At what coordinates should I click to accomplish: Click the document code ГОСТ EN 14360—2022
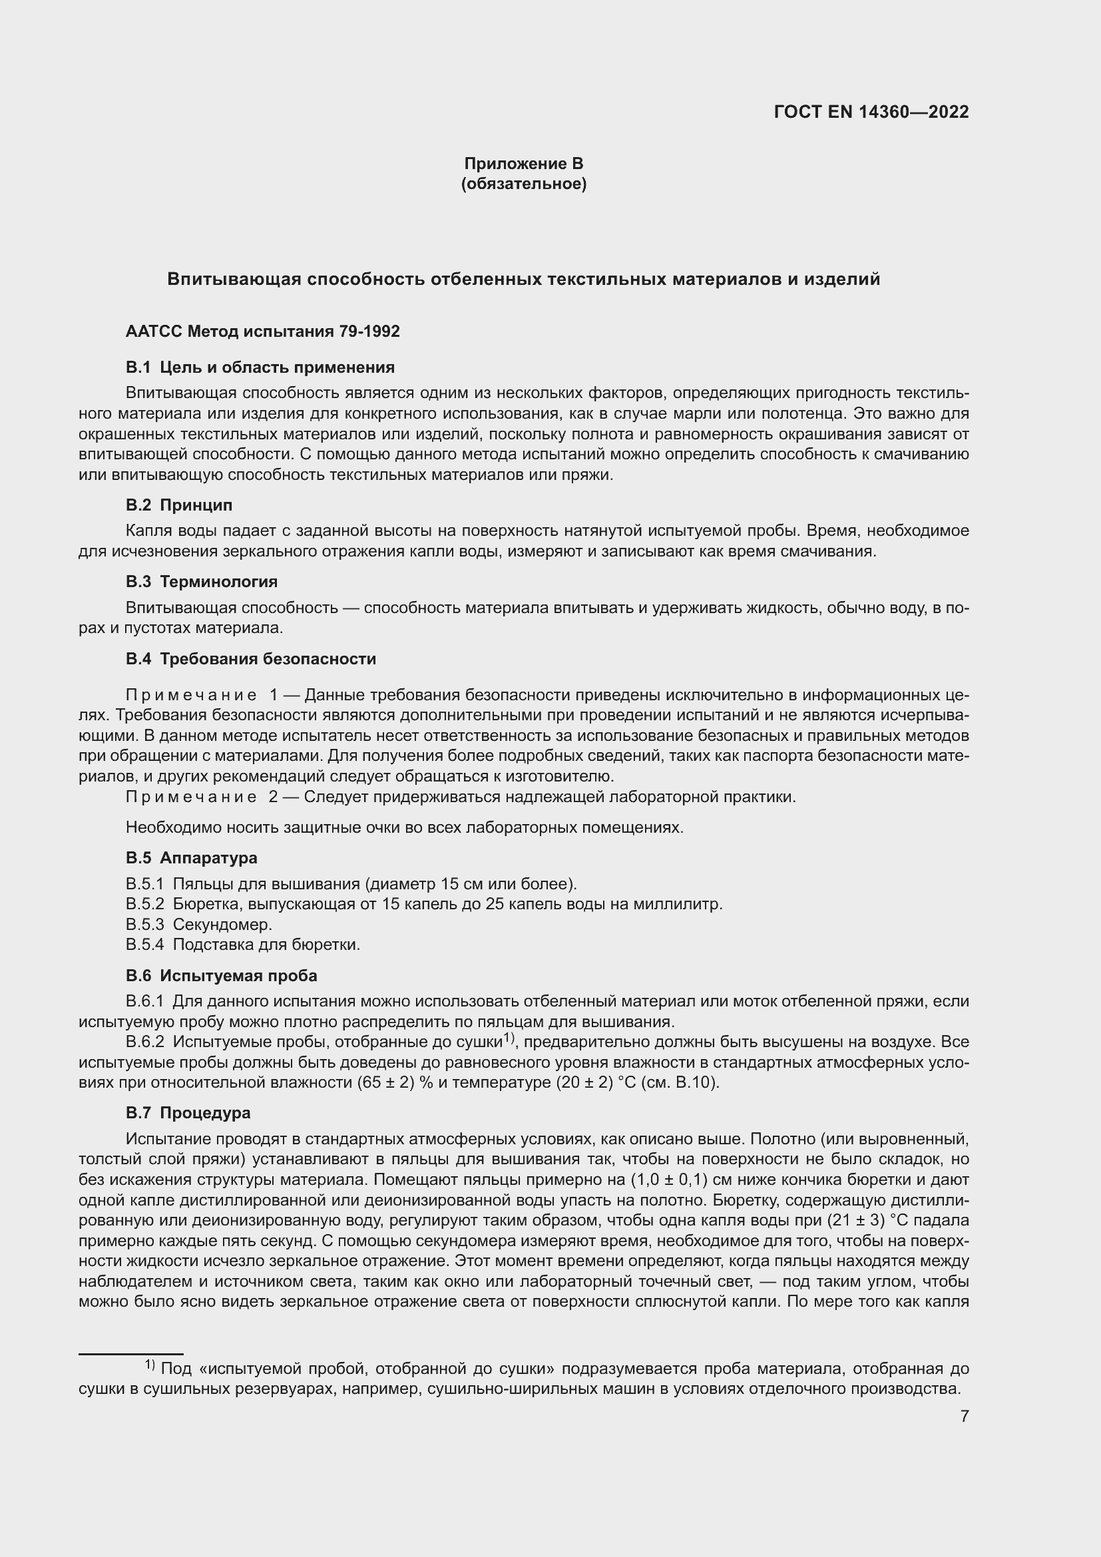click(x=871, y=112)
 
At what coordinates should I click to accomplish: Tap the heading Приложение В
click(x=523, y=164)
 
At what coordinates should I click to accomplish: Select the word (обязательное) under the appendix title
click(x=523, y=184)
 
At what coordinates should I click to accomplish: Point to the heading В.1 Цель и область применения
click(x=260, y=367)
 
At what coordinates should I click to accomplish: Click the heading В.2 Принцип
click(x=179, y=505)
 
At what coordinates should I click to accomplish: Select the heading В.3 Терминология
click(x=201, y=582)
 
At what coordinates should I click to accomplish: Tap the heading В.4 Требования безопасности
click(x=250, y=659)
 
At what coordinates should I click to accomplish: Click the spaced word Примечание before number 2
click(x=190, y=797)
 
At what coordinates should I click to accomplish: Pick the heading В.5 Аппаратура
click(x=191, y=858)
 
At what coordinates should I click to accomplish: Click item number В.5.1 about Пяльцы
click(x=144, y=884)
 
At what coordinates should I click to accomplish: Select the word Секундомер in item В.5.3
click(x=222, y=925)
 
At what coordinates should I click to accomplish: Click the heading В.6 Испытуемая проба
click(x=221, y=976)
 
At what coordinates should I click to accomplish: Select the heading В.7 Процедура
click(x=188, y=1113)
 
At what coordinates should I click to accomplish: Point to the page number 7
click(x=964, y=1416)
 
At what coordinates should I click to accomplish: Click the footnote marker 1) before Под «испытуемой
click(x=150, y=1365)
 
